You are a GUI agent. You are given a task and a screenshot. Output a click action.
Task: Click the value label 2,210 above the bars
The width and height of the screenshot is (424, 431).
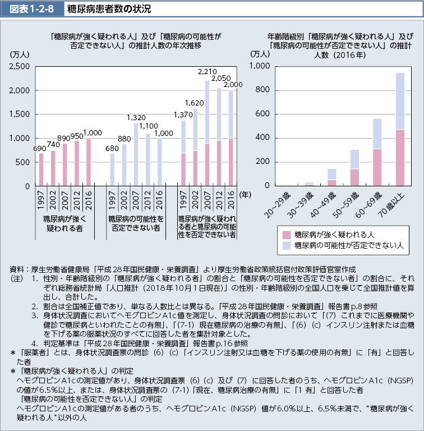pos(207,72)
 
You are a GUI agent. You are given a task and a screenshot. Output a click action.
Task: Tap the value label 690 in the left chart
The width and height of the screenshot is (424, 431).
pos(39,148)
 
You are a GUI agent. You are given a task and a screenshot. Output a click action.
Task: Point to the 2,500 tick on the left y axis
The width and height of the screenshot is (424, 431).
pos(20,66)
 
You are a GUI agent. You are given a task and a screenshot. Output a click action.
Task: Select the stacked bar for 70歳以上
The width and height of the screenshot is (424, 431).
pos(400,129)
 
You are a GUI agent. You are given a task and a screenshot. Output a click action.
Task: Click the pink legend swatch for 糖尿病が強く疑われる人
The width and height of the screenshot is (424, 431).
pos(287,233)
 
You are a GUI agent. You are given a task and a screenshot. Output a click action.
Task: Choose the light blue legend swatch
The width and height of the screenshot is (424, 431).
pos(287,245)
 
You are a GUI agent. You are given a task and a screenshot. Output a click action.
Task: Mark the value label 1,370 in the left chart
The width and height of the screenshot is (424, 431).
pos(183,115)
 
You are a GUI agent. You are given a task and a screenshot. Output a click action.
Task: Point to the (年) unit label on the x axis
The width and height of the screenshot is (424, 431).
pos(245,194)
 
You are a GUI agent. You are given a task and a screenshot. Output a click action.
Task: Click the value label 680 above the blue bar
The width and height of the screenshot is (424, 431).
pos(112,148)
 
